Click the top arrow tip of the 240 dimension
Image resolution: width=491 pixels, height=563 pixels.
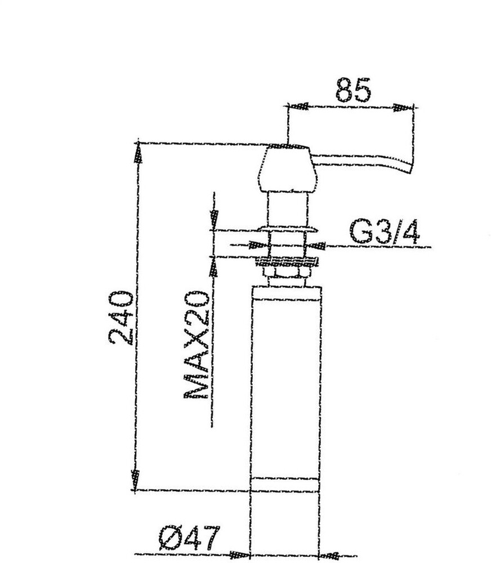137,144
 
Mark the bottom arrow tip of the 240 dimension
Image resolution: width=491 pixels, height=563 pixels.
135,489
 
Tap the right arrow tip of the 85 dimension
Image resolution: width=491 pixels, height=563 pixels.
413,108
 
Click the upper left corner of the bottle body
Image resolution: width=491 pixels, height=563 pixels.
252,286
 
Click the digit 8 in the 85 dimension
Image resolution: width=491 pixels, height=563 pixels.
344,89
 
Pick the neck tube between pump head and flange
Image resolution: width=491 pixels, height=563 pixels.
288,209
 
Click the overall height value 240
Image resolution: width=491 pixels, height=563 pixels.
121,318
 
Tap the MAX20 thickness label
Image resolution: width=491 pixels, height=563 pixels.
196,345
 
